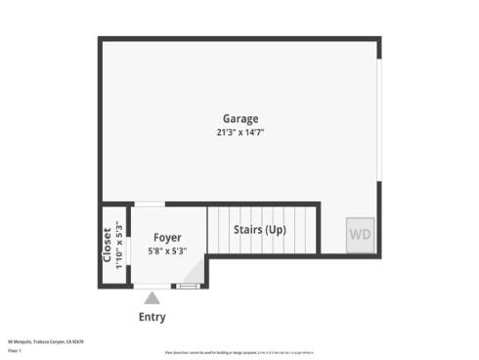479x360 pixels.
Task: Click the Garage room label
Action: [x=239, y=119]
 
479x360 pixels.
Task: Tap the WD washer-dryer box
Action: [x=360, y=235]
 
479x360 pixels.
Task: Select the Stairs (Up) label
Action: [x=260, y=230]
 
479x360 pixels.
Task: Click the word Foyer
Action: [x=167, y=236]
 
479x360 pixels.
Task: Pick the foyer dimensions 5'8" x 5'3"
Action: [x=167, y=250]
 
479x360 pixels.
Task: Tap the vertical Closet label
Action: [x=108, y=245]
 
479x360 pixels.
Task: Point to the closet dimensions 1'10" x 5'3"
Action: [x=118, y=245]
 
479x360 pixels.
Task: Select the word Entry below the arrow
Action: [x=152, y=317]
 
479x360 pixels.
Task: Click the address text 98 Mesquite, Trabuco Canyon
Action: [x=47, y=341]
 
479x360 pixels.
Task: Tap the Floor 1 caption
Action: [x=15, y=349]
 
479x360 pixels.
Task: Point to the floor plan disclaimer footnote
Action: [x=239, y=349]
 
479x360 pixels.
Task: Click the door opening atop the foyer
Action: [x=149, y=203]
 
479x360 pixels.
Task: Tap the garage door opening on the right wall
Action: [x=378, y=137]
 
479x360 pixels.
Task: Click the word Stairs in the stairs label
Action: [x=247, y=230]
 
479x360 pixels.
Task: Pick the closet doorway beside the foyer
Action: [x=125, y=245]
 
